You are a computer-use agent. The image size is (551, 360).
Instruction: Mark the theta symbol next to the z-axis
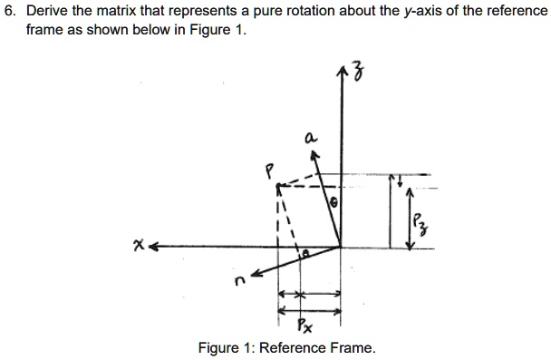click(333, 205)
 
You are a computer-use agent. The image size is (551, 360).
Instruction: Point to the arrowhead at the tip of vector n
click(256, 272)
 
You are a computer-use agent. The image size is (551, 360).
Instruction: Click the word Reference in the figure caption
click(305, 348)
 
